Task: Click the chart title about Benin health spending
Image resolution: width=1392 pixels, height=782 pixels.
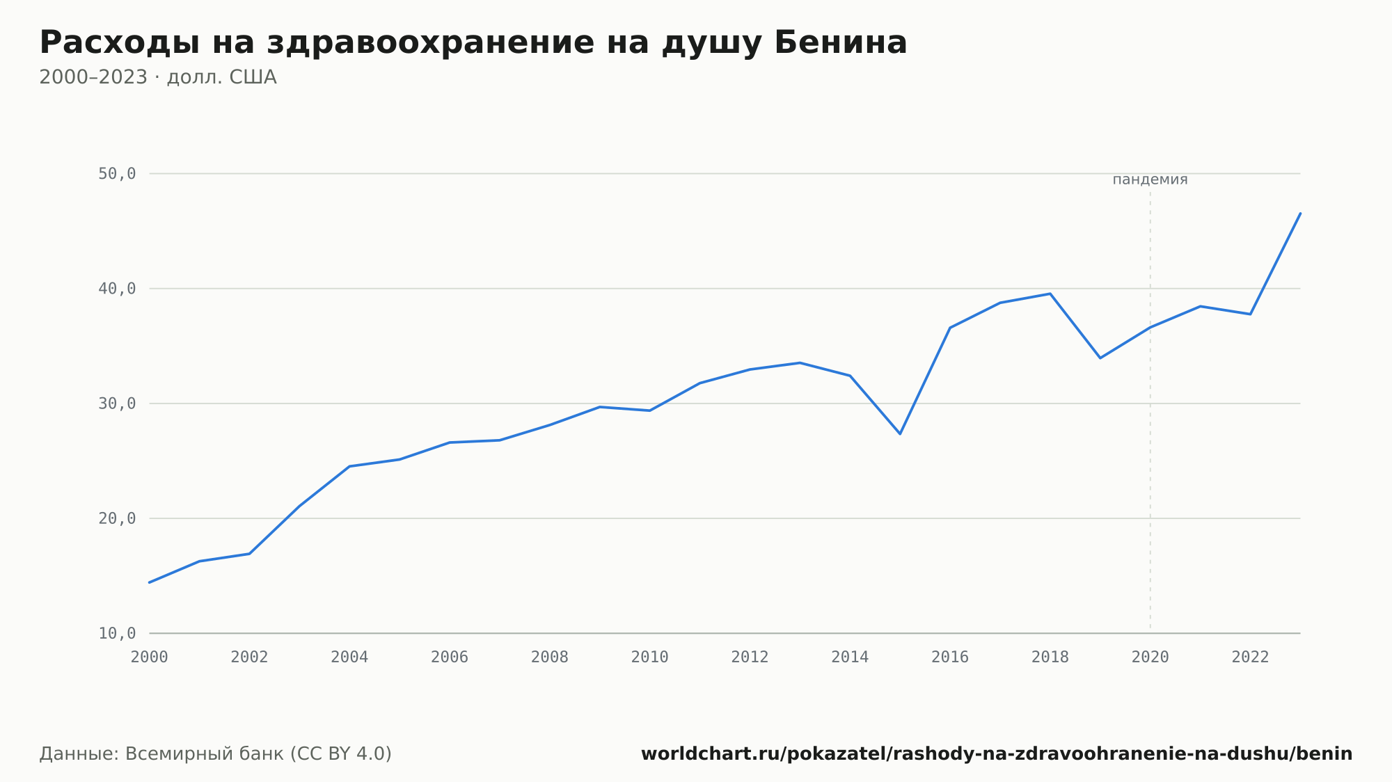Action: pos(473,43)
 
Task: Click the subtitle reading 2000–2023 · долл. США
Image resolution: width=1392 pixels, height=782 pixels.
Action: pos(158,77)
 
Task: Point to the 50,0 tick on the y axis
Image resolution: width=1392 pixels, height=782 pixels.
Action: pos(117,174)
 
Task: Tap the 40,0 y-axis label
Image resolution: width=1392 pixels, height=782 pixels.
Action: pos(117,289)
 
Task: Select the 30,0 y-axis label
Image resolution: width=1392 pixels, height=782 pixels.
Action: pos(117,404)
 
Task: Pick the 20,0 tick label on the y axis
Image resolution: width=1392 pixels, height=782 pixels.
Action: pos(117,518)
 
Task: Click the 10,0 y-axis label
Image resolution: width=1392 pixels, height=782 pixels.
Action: pos(117,633)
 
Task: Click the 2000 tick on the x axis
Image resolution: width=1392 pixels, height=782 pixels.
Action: pos(150,657)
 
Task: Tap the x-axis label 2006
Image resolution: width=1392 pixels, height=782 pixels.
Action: pos(450,657)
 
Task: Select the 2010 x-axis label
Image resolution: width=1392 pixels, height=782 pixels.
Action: pos(650,657)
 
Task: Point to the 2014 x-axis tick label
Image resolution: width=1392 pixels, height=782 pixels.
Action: pos(850,657)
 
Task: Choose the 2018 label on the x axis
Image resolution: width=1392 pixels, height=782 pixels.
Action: pos(1050,657)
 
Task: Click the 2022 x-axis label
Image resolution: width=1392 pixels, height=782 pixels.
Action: pos(1251,657)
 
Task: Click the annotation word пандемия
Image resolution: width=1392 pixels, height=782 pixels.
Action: pos(1150,179)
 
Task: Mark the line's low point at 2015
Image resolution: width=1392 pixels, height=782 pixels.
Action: pos(900,433)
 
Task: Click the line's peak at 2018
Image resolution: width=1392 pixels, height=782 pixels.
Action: pos(1050,294)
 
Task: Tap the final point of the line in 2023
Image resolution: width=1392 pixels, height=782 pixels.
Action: pos(1300,214)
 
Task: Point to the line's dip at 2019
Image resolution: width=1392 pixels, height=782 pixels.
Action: pos(1100,358)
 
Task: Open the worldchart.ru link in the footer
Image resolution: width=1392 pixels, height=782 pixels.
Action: pos(997,754)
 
